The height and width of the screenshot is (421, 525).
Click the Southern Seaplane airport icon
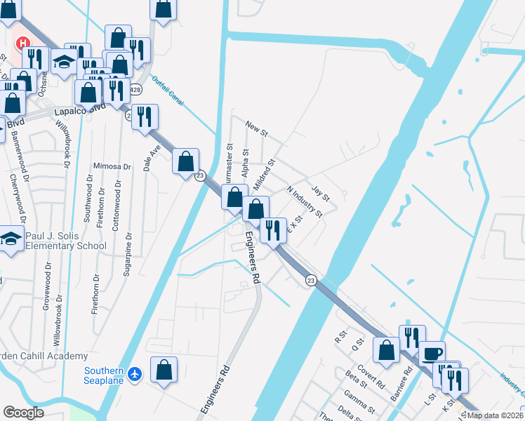tap(136, 375)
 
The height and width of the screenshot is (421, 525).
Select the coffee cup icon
tap(432, 353)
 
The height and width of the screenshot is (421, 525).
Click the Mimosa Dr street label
tap(112, 166)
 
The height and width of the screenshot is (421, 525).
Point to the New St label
tap(258, 126)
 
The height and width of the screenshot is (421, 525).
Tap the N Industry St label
tap(305, 201)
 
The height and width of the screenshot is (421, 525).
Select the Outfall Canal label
tap(168, 91)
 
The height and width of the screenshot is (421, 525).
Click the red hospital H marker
tap(22, 44)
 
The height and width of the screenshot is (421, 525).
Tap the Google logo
tap(24, 413)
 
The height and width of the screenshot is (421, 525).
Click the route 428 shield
tap(135, 90)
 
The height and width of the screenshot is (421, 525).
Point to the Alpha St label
tap(245, 162)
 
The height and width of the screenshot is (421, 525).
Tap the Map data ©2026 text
tap(493, 415)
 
